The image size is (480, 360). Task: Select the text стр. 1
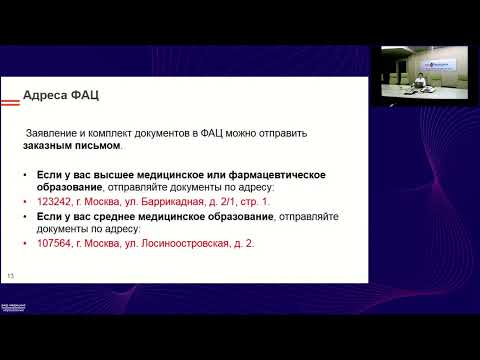[x=250, y=201]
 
